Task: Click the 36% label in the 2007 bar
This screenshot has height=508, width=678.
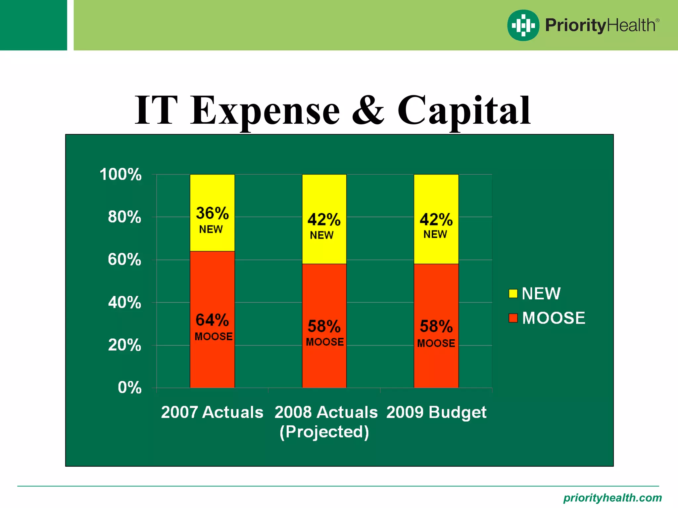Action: click(212, 213)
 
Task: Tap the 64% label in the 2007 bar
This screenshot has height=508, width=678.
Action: click(212, 320)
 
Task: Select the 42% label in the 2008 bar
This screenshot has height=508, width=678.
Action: click(324, 220)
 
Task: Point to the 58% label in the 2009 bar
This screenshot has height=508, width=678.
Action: click(436, 326)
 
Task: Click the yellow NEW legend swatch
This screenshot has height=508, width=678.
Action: click(513, 294)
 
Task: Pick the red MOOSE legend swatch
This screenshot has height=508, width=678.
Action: click(513, 318)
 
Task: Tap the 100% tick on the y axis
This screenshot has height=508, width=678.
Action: click(121, 174)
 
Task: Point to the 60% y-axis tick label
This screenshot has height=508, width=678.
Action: click(124, 260)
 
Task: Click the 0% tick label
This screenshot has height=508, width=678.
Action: click(129, 388)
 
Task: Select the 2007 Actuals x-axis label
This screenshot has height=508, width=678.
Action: click(212, 412)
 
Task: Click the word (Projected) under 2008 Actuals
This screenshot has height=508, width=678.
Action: click(324, 432)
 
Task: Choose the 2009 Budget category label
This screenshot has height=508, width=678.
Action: click(436, 412)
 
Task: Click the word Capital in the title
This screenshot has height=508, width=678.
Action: click(463, 111)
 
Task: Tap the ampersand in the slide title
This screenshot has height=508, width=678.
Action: click(368, 111)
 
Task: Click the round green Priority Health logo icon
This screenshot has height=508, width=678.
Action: click(523, 25)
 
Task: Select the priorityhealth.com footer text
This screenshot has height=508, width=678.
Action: click(612, 498)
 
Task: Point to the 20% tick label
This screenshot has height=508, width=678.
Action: click(124, 345)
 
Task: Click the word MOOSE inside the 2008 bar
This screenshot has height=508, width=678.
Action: click(325, 342)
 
